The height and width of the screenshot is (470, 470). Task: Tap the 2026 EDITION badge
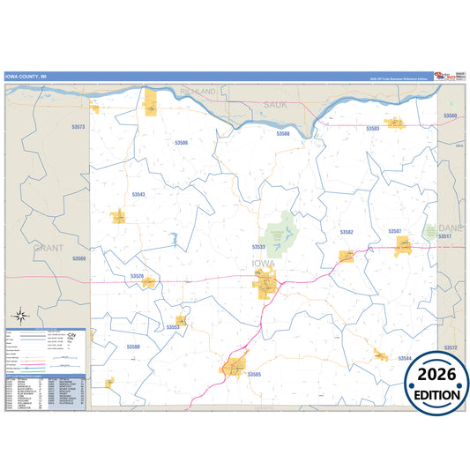coord(436,384)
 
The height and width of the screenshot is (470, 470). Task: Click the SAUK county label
coord(276,105)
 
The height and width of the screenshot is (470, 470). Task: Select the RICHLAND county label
coord(198,92)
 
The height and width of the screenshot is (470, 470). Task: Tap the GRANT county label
coord(48,249)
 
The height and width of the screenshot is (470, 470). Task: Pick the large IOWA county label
coord(264,263)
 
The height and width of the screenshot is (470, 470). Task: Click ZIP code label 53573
coord(78,128)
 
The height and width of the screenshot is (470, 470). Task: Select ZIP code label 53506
coord(182,142)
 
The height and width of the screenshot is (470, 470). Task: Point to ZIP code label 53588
coord(282,134)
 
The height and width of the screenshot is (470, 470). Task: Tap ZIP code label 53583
coord(372,129)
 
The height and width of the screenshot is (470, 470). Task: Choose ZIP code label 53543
coord(138,194)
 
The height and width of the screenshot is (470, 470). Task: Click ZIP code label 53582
coord(347,232)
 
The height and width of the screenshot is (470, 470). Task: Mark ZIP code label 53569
coord(79,258)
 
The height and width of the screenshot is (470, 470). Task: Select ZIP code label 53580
coord(133,347)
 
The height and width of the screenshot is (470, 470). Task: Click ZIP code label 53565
coord(255,375)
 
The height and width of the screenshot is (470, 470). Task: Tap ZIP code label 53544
coord(405,358)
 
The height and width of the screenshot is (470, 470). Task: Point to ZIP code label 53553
coord(173,327)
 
